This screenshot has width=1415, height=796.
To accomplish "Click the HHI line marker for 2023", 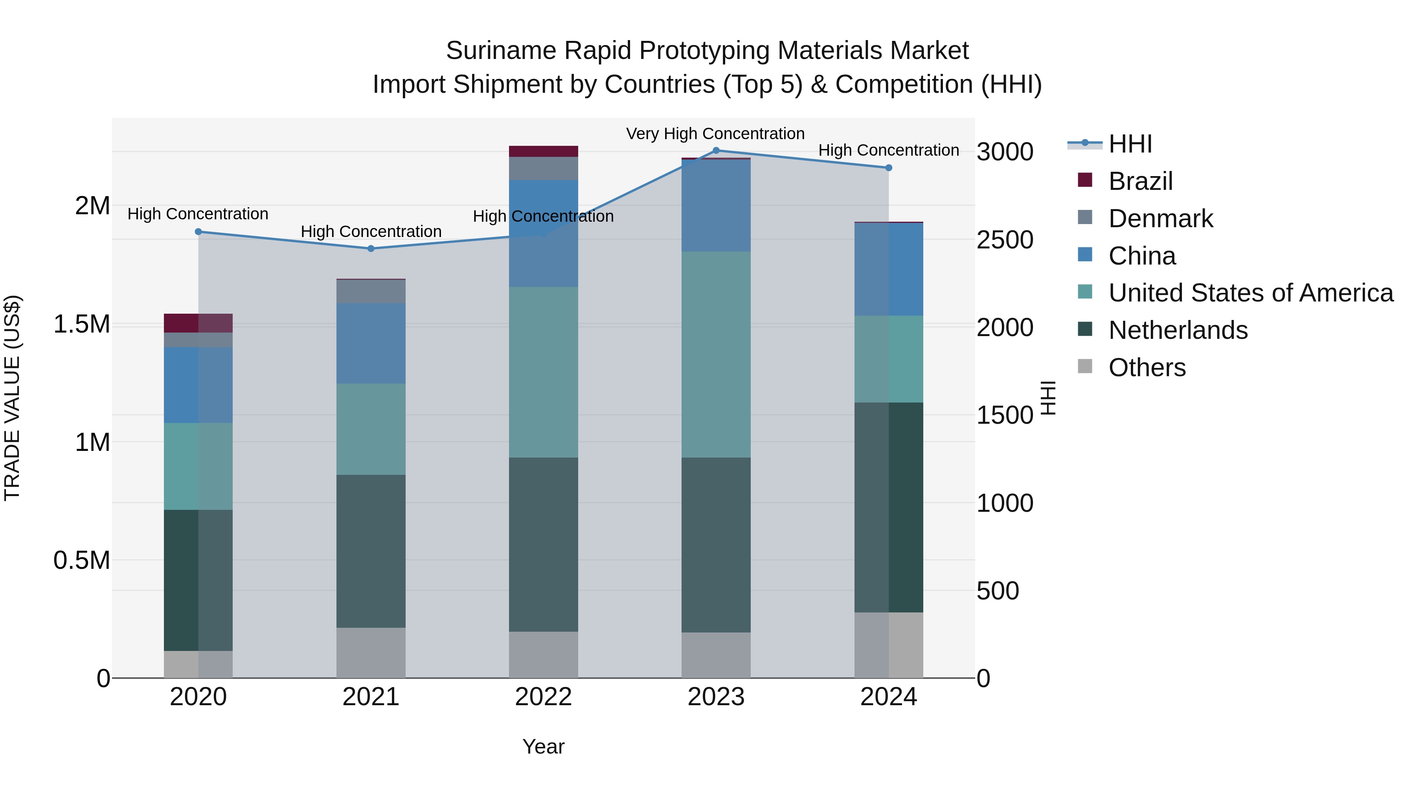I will pos(716,151).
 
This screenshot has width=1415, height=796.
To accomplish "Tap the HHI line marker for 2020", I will pos(198,232).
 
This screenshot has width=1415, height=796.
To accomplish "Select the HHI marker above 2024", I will pos(889,167).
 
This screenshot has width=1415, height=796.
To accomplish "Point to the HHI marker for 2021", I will pos(371,248).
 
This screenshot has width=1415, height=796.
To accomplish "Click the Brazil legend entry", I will pos(1140,181).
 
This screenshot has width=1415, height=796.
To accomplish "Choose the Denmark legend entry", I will pos(1160,219).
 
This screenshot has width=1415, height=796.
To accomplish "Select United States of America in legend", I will pos(1250,293).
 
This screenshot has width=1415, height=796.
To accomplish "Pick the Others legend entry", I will pos(1147,368).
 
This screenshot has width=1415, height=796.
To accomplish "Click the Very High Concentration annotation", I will pos(715,134).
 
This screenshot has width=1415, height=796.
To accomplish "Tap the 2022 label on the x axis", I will pos(543,697).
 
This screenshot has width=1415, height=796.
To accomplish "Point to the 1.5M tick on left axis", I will pos(81,324).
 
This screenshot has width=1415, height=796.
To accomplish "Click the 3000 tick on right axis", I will pos(1005,152).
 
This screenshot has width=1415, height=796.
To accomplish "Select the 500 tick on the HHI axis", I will pos(998,591).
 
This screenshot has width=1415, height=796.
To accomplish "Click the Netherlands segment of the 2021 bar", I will pos(371,551).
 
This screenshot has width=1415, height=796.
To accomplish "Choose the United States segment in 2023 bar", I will pos(716,354).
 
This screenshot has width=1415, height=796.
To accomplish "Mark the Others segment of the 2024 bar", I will pos(889,645).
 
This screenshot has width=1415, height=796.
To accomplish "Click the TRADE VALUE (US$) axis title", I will pos(12,398).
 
